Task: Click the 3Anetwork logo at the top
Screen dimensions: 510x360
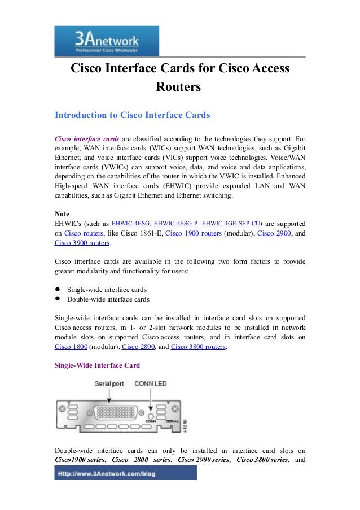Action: pos(107,41)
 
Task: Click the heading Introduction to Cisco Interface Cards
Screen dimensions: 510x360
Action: pos(132,115)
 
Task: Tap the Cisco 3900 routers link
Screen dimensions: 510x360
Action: pos(82,243)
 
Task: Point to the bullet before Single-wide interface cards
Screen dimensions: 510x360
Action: pos(58,289)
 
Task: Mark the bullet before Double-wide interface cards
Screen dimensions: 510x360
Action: pos(58,299)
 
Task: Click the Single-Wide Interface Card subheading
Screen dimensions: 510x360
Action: pos(97,365)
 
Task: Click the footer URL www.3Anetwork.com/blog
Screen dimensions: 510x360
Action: pos(125,473)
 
